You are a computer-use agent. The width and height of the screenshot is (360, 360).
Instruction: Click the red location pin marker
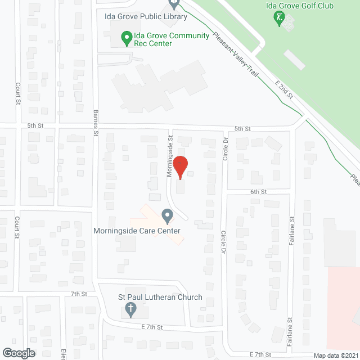point(179,166)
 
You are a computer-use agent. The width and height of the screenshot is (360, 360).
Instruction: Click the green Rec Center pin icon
point(127,39)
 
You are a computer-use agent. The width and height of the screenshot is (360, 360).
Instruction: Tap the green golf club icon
point(278,19)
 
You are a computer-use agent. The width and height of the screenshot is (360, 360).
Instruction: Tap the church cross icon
point(130,309)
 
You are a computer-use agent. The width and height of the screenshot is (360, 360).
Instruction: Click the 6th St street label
point(258,192)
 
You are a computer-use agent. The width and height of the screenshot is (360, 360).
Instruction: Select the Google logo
point(18,353)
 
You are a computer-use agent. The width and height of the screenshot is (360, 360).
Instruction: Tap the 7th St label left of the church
point(79,294)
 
